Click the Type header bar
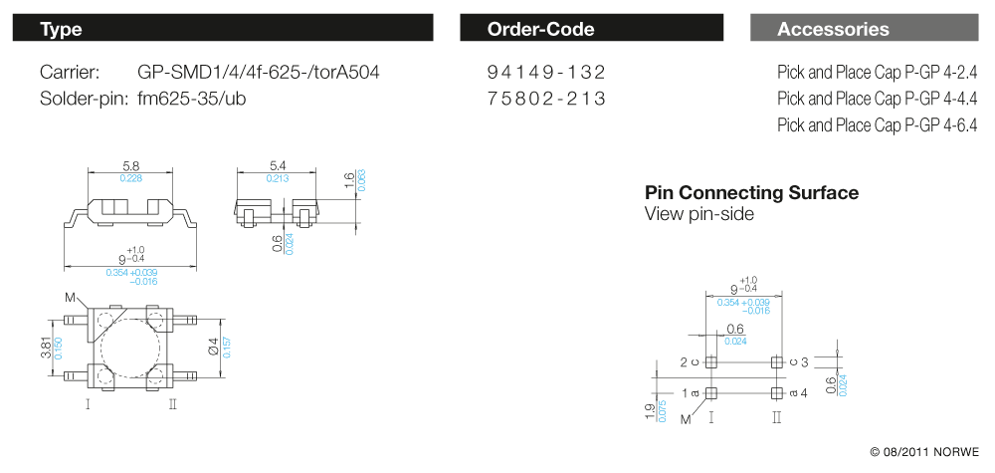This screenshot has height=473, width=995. pos(224,29)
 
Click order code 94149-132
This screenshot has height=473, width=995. pos(546,73)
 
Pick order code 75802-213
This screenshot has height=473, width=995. pos(546,99)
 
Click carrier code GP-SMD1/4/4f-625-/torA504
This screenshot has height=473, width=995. pos(258,73)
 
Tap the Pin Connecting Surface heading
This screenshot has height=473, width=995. pos(751,193)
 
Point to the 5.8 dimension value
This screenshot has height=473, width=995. pos(131,164)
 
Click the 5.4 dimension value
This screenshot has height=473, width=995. pos(278,164)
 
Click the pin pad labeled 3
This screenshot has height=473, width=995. pos(777,362)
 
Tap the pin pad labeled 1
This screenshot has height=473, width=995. pos(710,392)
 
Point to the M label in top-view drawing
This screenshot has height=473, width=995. pos(70,298)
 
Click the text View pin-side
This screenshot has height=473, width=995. pos(698,214)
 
